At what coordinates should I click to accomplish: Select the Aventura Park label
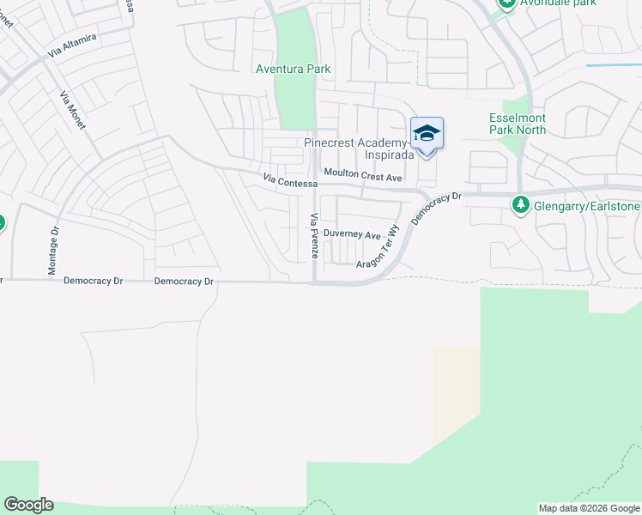click(293, 69)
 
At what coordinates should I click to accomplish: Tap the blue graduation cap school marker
click(427, 135)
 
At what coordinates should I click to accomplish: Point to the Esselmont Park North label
click(518, 124)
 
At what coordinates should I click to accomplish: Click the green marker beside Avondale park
click(506, 3)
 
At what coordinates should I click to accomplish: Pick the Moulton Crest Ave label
click(363, 176)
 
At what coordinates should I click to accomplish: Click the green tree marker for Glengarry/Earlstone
click(519, 205)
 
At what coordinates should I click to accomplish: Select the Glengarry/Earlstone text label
click(586, 205)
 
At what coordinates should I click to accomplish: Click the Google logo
click(28, 505)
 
